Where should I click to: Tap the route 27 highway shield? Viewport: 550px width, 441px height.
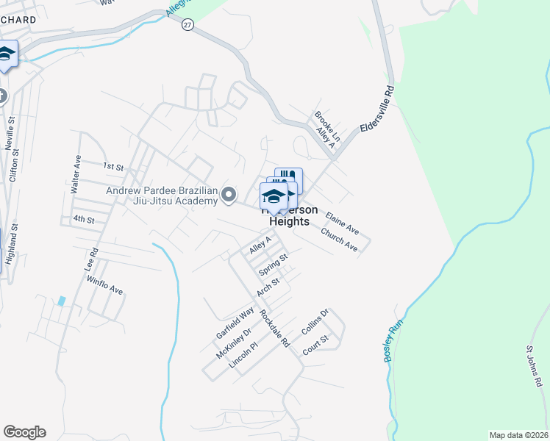tap(189, 24)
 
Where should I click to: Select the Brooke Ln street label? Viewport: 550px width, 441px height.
tap(328, 126)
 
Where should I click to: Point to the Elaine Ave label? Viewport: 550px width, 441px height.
tap(342, 220)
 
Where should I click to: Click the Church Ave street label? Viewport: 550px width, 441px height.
tap(339, 239)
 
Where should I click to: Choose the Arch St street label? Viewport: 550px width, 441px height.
tap(268, 286)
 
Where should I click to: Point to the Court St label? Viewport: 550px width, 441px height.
tap(317, 344)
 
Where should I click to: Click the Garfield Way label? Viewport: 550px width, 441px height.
tap(235, 323)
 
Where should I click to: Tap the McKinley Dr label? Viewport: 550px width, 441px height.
tap(234, 343)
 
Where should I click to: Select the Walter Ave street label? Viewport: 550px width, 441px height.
tap(75, 174)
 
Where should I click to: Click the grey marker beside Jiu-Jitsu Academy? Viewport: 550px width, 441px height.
tap(229, 195)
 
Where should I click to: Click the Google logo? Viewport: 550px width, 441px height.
tap(24, 432)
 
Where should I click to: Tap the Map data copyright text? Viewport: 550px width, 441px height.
tap(518, 434)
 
